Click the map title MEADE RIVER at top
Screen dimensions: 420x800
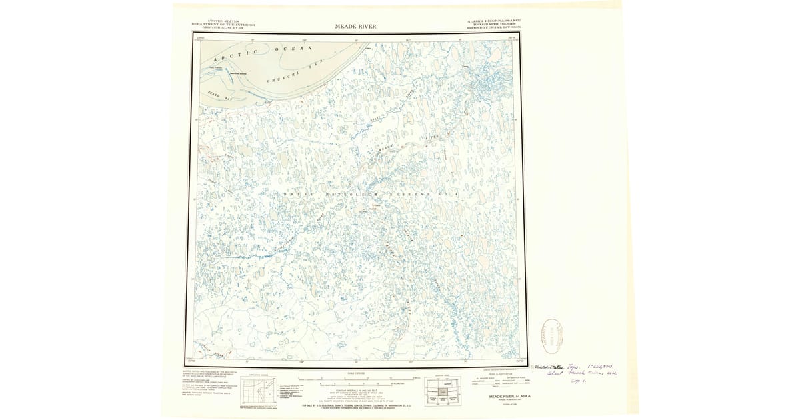359,27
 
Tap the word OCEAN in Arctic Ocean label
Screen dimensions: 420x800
293,49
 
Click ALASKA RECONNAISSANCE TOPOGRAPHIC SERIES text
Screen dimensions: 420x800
494,25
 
